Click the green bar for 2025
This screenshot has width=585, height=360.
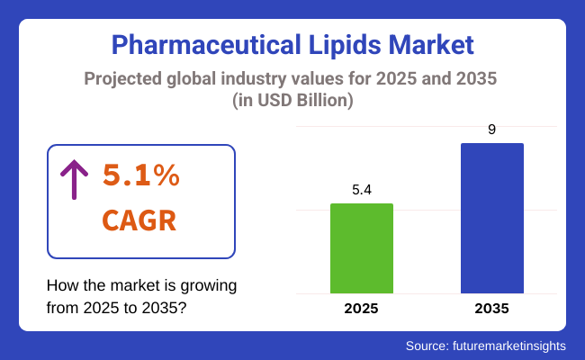(x=362, y=248)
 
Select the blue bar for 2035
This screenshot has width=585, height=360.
(x=491, y=218)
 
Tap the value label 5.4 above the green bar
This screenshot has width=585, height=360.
(x=362, y=190)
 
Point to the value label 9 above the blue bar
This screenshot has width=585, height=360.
(x=491, y=130)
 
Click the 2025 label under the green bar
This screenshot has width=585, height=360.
(x=362, y=309)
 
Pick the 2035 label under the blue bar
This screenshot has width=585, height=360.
(x=491, y=309)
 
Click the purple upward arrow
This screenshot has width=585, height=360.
(x=73, y=178)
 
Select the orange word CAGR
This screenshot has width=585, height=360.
(x=139, y=220)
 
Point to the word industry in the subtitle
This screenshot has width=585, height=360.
(x=263, y=79)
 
